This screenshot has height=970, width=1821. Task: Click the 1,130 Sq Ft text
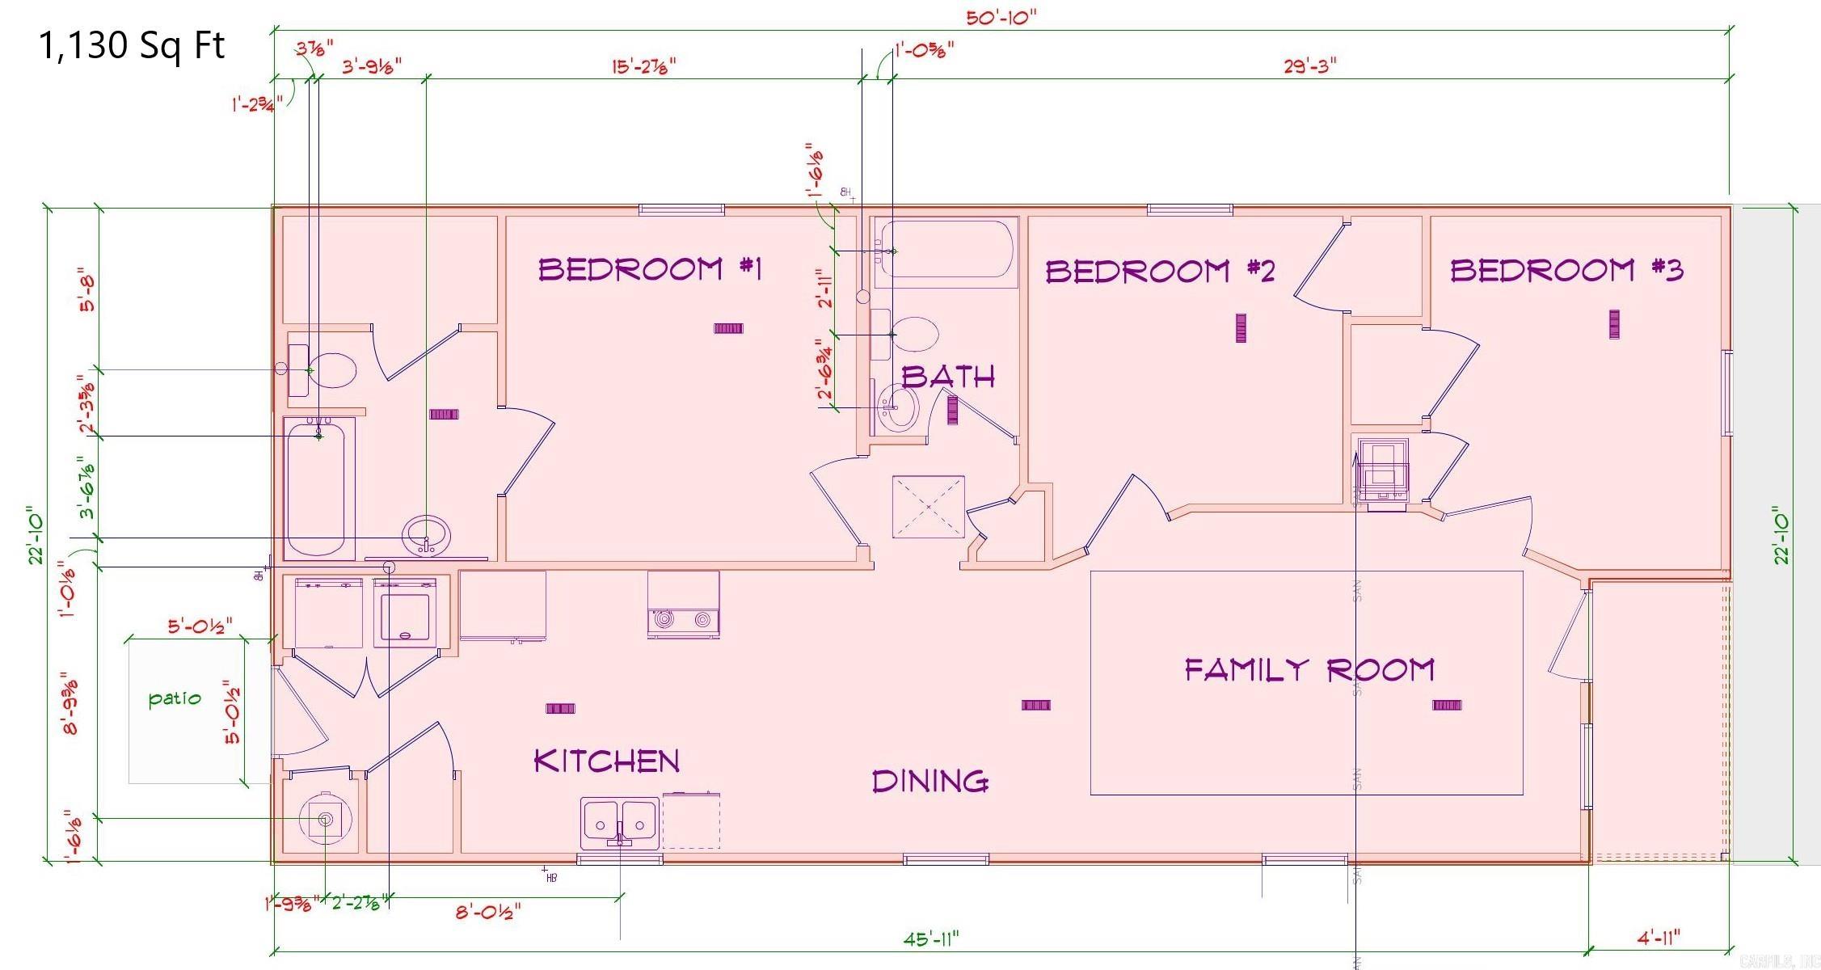pyautogui.click(x=132, y=47)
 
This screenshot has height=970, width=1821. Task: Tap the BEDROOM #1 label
pyautogui.click(x=650, y=268)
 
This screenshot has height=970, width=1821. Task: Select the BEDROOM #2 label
pyautogui.click(x=1160, y=271)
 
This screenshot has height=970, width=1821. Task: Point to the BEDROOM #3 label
pyautogui.click(x=1566, y=269)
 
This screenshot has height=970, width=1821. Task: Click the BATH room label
pyautogui.click(x=947, y=377)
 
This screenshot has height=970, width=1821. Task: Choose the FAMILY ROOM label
pyautogui.click(x=1309, y=669)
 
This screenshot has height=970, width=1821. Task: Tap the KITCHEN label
pyautogui.click(x=607, y=761)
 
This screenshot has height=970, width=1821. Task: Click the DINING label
pyautogui.click(x=929, y=781)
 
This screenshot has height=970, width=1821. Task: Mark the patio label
pyautogui.click(x=175, y=698)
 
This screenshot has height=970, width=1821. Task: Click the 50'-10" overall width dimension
pyautogui.click(x=1001, y=18)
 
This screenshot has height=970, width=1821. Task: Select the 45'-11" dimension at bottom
pyautogui.click(x=931, y=938)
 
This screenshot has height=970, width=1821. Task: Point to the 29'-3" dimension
pyautogui.click(x=1309, y=66)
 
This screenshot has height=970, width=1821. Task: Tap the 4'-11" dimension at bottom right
pyautogui.click(x=1658, y=938)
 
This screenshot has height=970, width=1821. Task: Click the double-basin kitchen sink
pyautogui.click(x=619, y=824)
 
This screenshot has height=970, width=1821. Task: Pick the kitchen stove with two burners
pyautogui.click(x=683, y=605)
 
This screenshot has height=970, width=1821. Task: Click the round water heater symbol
pyautogui.click(x=325, y=819)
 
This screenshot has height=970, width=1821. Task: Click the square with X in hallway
pyautogui.click(x=928, y=507)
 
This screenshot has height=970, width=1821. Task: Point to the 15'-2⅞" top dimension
pyautogui.click(x=643, y=66)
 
